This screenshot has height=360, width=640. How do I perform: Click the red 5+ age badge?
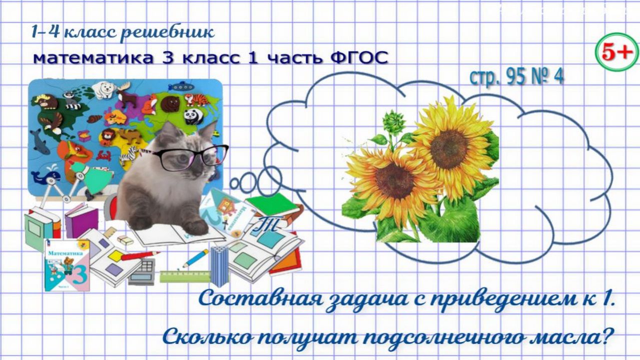click(616, 52)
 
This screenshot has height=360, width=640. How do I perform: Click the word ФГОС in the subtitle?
click(359, 58)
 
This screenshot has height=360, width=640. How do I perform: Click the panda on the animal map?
click(192, 116)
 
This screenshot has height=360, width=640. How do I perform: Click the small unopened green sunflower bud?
click(393, 122)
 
